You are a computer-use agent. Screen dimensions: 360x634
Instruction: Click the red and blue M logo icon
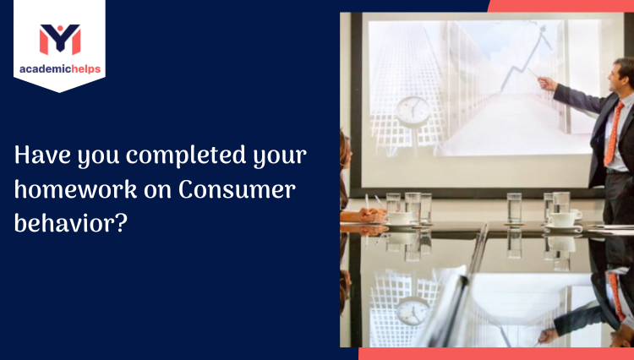tap(59, 39)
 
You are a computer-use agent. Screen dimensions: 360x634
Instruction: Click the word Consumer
tap(238, 190)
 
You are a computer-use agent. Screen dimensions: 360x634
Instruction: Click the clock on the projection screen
tap(413, 110)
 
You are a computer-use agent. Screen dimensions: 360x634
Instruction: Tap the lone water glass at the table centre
tap(514, 208)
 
